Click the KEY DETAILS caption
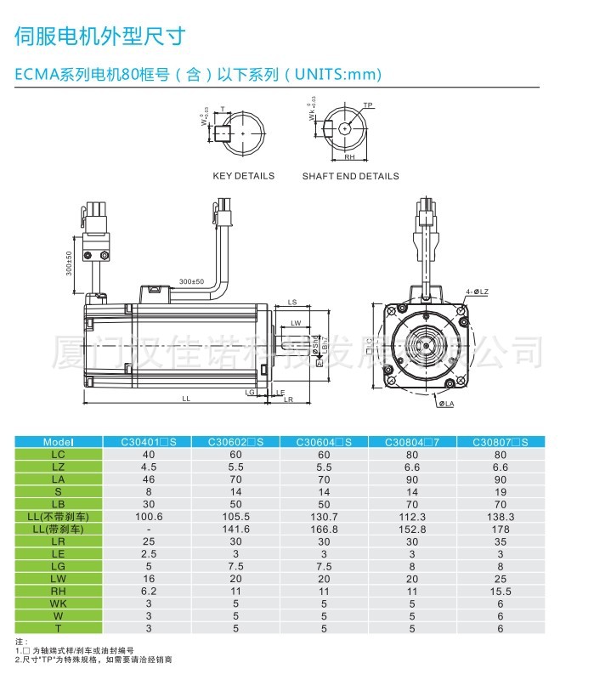[x=243, y=176]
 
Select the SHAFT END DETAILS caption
[x=350, y=176]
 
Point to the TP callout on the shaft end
[x=368, y=106]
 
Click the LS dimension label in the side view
[x=291, y=303]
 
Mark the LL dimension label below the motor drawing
[x=185, y=398]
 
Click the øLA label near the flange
[x=445, y=404]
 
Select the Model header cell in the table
[x=59, y=442]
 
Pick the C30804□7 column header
[x=412, y=442]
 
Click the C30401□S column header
[x=148, y=442]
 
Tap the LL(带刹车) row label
[x=59, y=529]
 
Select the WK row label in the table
[x=59, y=603]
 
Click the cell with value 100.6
[x=148, y=516]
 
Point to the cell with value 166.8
[x=324, y=529]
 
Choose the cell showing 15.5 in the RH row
[x=500, y=591]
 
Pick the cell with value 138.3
[x=500, y=516]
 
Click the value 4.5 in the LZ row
[x=148, y=467]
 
